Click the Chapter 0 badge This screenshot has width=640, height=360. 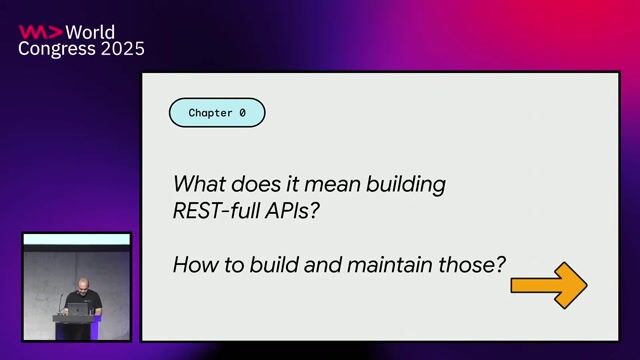[217, 113]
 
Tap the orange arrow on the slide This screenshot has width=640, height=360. [548, 285]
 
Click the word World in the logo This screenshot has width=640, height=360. [91, 31]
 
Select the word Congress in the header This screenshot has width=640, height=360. [55, 48]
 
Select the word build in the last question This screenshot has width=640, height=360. [264, 265]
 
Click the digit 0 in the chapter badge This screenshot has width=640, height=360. [242, 113]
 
